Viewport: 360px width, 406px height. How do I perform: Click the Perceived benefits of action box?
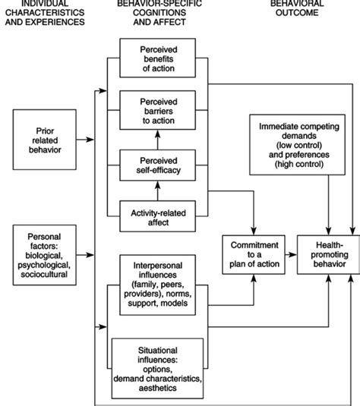[x=157, y=58]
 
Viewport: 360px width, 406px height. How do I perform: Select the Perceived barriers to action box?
[x=157, y=110]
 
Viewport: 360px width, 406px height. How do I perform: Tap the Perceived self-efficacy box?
[x=157, y=165]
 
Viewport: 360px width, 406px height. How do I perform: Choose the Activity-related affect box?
[x=157, y=216]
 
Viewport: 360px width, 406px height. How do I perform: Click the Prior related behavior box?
[x=45, y=140]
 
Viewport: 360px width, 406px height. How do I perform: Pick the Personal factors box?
[x=45, y=255]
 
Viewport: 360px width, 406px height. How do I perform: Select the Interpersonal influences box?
[x=157, y=285]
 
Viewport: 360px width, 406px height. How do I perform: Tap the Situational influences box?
[x=157, y=369]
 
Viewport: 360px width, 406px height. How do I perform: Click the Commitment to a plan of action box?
[x=254, y=255]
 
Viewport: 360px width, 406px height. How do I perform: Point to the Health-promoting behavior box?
[x=328, y=255]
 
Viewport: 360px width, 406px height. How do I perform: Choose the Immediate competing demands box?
[x=297, y=145]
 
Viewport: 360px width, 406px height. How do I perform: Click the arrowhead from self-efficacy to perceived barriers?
[x=157, y=134]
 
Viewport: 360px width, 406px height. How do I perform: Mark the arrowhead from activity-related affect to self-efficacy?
[x=157, y=185]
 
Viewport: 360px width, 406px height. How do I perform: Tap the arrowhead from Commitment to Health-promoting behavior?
[x=293, y=255]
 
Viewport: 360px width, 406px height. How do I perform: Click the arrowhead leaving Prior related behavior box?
[x=90, y=140]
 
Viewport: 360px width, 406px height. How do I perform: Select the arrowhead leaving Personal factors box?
[x=90, y=255]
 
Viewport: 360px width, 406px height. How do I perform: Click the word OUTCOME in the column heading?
[x=297, y=13]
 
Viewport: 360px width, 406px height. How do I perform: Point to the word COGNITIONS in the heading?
[x=159, y=13]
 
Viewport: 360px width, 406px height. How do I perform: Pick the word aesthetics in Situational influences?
[x=157, y=388]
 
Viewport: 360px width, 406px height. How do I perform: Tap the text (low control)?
[x=299, y=145]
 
